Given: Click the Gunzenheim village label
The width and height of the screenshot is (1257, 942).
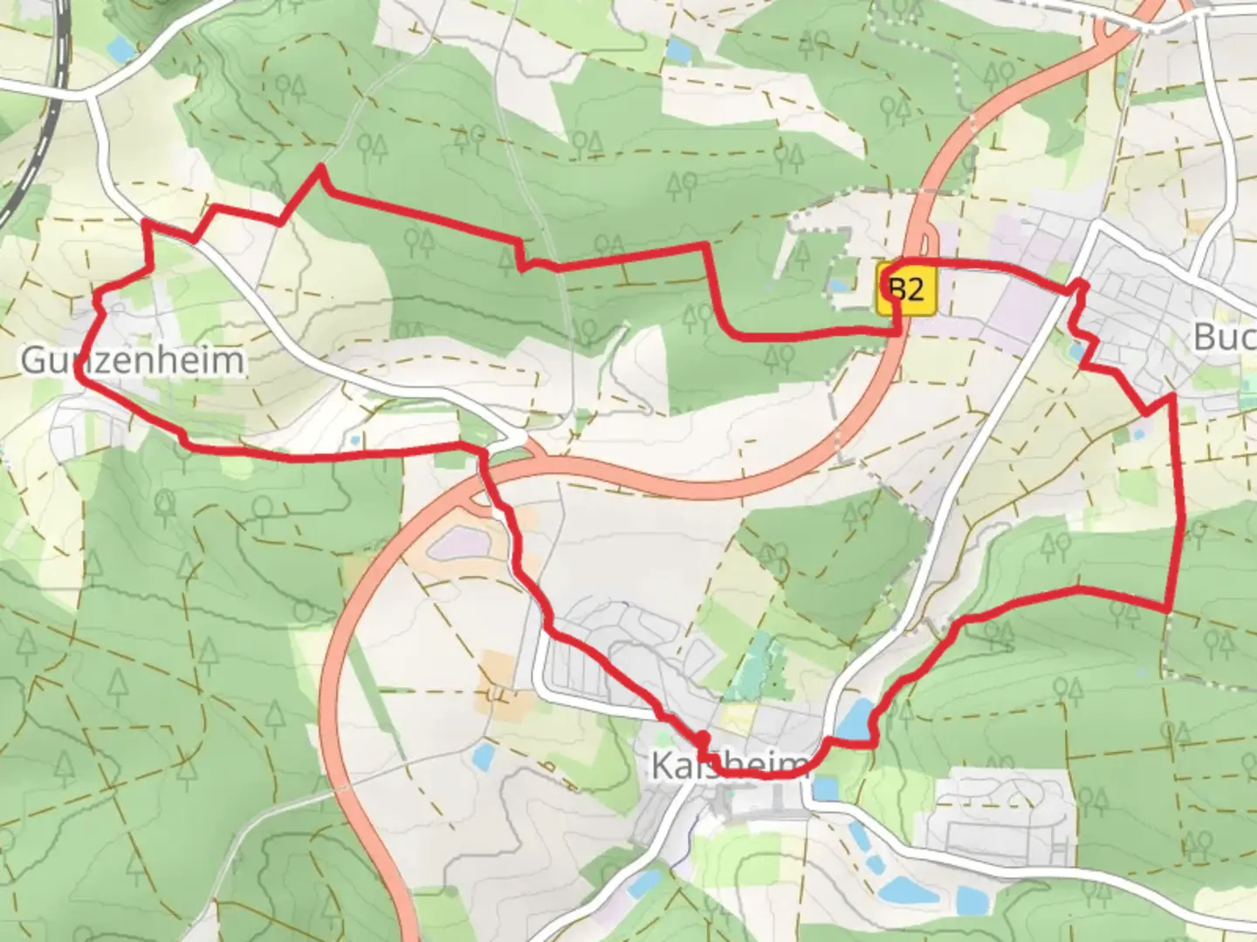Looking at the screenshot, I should coord(133,359).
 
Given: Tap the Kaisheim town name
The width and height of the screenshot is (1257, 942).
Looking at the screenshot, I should coord(730,767).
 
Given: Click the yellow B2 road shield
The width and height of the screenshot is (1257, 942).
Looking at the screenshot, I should coord(907,289).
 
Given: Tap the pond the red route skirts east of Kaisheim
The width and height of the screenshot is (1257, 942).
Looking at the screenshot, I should coord(854,718).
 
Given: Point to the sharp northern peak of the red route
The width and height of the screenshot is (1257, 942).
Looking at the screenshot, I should coord(321,167).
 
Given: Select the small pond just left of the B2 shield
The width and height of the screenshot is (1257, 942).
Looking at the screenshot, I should coord(840,285).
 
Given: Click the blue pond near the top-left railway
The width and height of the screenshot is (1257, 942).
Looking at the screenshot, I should coord(121,50).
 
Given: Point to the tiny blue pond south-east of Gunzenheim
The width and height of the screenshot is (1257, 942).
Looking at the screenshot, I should coord(354,440).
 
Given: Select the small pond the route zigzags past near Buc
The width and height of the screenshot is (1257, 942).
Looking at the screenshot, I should coord(1077,351).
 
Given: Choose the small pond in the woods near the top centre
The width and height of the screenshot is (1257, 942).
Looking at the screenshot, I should coord(677,50).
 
